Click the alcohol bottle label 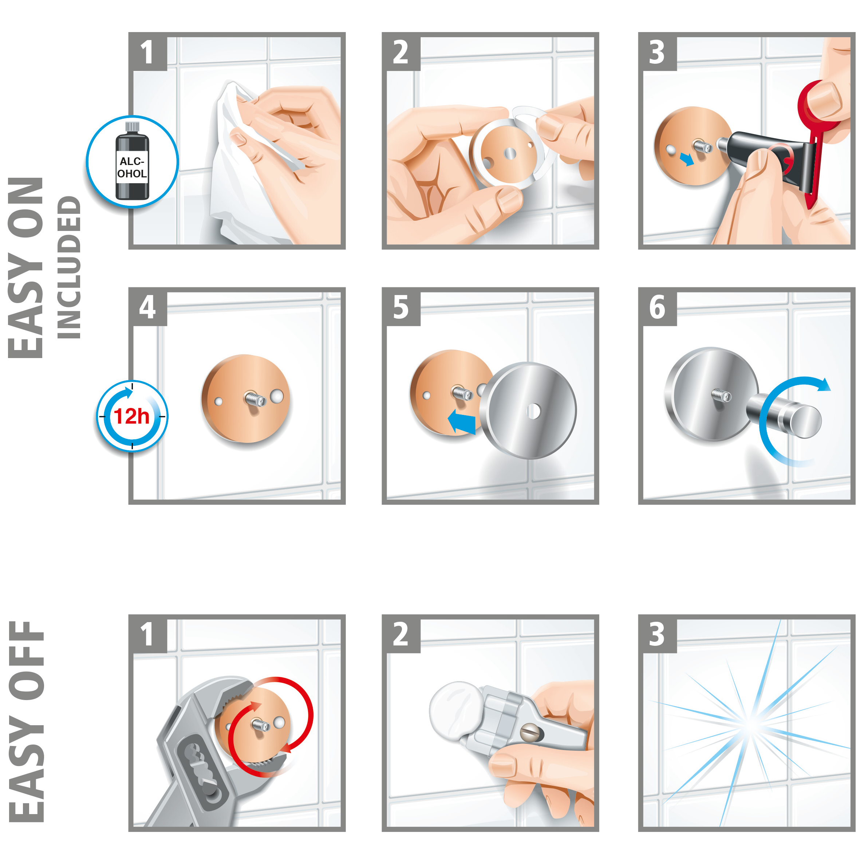(x=132, y=167)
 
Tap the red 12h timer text (x=131, y=416)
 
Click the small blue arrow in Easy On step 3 (x=686, y=159)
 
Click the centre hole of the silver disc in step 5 (x=533, y=411)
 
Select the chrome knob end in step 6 (x=806, y=421)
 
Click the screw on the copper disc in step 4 (x=254, y=398)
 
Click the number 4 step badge (x=147, y=307)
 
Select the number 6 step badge (x=657, y=307)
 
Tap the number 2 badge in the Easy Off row (x=401, y=634)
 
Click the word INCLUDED (x=69, y=267)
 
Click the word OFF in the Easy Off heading (x=27, y=661)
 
